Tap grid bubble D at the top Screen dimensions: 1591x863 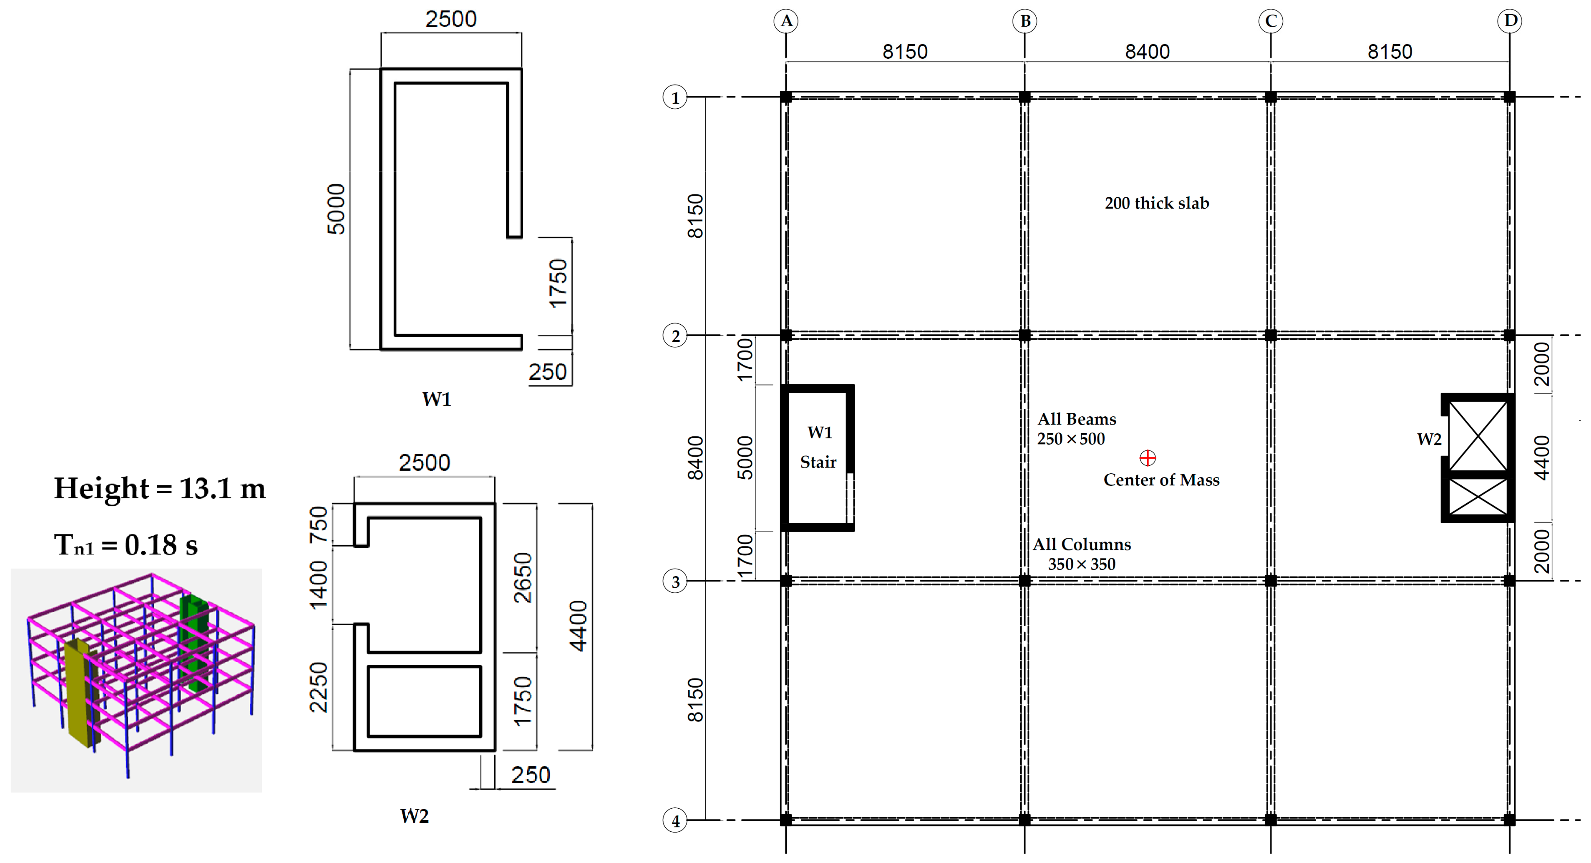1510,21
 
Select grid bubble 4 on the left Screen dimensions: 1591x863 675,821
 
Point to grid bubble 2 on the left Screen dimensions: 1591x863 675,336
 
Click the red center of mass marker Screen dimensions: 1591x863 1147,458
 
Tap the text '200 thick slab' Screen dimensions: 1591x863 1157,203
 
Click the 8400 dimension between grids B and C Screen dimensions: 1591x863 1147,51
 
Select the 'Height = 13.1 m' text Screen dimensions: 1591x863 160,488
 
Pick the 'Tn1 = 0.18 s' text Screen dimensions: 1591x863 126,545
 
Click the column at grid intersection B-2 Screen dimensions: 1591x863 1025,335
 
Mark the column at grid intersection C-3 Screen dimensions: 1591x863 1270,581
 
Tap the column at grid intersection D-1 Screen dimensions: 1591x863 1510,97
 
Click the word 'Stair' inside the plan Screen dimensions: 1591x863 818,462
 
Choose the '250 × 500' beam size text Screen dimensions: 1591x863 1071,439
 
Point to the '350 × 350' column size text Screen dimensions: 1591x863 1082,565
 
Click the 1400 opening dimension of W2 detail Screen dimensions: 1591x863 319,584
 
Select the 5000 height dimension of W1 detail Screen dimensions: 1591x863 336,209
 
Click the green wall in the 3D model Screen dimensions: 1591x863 193,643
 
